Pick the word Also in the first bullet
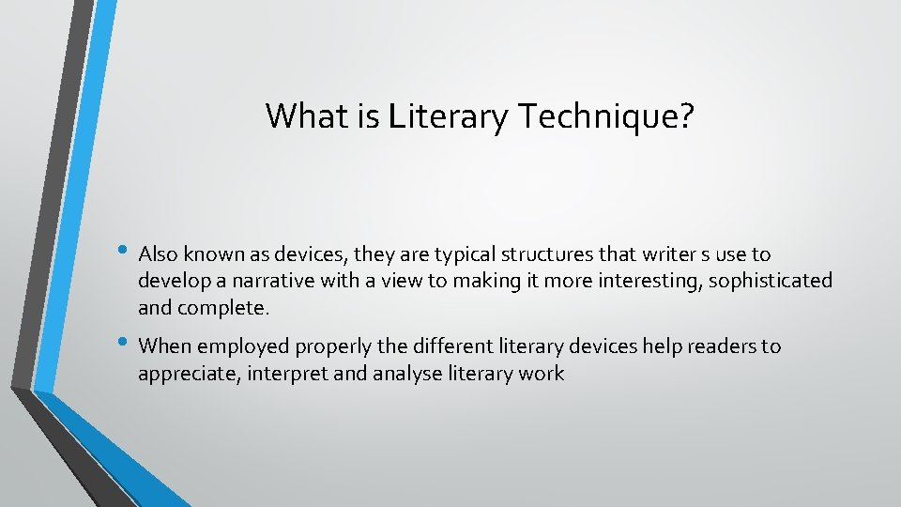pos(158,254)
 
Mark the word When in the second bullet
pos(164,347)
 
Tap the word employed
pos(247,347)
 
